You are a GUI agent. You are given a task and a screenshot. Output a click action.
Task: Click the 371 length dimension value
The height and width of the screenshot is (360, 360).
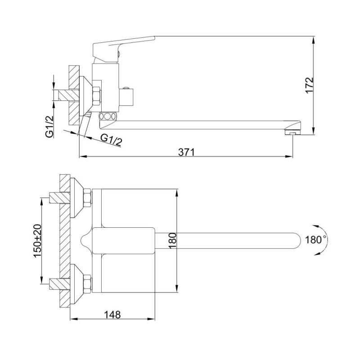pos(186,152)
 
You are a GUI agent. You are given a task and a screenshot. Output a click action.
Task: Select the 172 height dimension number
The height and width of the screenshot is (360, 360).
pos(309,85)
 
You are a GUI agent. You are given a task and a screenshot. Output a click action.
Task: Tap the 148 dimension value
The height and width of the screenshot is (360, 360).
pos(112,315)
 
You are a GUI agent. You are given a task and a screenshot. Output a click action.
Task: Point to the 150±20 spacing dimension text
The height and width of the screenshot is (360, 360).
pos(38,241)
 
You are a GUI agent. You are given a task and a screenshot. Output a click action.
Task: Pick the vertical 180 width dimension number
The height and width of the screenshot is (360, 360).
pos(172,240)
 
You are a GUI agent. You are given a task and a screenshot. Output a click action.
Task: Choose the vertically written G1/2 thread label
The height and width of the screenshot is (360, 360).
pos(49,126)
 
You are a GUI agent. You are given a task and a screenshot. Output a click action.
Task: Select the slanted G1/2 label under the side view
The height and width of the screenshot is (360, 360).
pos(111,140)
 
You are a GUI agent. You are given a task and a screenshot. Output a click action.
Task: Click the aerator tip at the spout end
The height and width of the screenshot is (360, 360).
pos(292,132)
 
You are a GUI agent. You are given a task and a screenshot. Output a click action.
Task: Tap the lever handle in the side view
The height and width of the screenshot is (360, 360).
pos(121,49)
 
